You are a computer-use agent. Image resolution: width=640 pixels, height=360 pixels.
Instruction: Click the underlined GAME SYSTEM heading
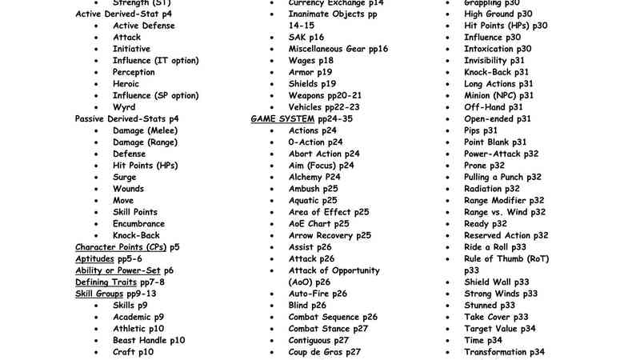click(283, 118)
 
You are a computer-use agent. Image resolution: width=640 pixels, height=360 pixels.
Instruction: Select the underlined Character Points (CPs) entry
click(121, 247)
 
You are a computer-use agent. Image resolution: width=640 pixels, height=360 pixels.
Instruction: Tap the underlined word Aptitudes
click(94, 259)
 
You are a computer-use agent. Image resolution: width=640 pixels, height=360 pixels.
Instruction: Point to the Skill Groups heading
click(100, 294)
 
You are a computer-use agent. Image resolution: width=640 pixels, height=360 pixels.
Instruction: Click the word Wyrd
click(124, 107)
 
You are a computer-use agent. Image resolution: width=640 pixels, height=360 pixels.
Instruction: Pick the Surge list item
click(125, 178)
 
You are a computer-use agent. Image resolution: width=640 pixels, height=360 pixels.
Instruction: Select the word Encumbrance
click(138, 224)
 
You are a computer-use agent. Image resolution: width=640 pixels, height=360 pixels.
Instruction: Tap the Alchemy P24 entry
click(314, 177)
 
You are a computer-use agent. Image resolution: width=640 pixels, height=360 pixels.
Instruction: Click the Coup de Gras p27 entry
click(325, 351)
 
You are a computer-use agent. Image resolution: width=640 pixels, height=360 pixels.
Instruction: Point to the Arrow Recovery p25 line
click(330, 235)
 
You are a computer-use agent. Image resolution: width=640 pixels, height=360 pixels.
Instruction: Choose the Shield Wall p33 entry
click(497, 282)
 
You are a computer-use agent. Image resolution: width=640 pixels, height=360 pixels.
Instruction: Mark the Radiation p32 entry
click(491, 189)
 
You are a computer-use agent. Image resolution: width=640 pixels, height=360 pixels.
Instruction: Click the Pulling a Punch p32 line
click(502, 177)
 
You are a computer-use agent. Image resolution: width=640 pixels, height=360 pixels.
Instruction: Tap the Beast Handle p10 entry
click(149, 340)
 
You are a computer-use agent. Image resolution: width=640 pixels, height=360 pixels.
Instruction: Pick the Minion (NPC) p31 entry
click(498, 95)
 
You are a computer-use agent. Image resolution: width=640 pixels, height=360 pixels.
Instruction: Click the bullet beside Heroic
click(97, 84)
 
